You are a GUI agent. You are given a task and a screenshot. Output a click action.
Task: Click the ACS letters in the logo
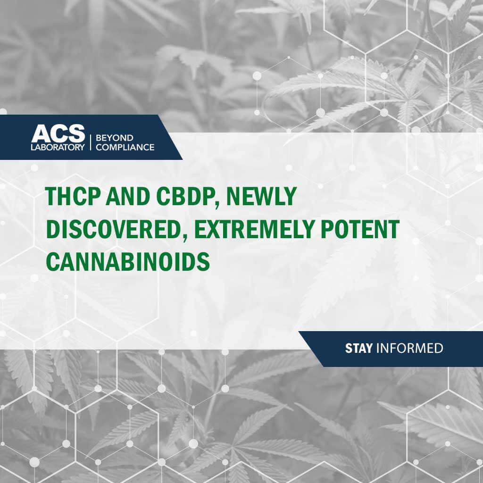58,133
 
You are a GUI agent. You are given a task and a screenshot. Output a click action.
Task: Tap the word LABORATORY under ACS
58,147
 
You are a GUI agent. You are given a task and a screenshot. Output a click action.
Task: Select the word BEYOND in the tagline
115,138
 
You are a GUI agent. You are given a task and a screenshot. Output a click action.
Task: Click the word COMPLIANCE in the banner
125,147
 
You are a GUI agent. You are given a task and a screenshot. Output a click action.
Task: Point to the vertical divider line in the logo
90,142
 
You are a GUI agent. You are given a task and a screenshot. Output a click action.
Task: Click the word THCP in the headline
72,196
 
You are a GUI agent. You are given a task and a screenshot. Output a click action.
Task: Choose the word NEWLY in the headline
261,196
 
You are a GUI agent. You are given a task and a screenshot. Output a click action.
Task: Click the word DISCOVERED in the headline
113,229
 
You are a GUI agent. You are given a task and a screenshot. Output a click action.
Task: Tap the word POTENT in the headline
360,229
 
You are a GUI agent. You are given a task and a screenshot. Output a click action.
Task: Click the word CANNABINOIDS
128,261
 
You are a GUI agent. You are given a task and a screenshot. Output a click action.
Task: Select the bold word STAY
358,349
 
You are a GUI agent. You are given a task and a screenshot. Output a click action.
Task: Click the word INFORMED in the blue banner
410,349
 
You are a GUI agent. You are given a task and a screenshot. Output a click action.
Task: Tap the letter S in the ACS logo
76,133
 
